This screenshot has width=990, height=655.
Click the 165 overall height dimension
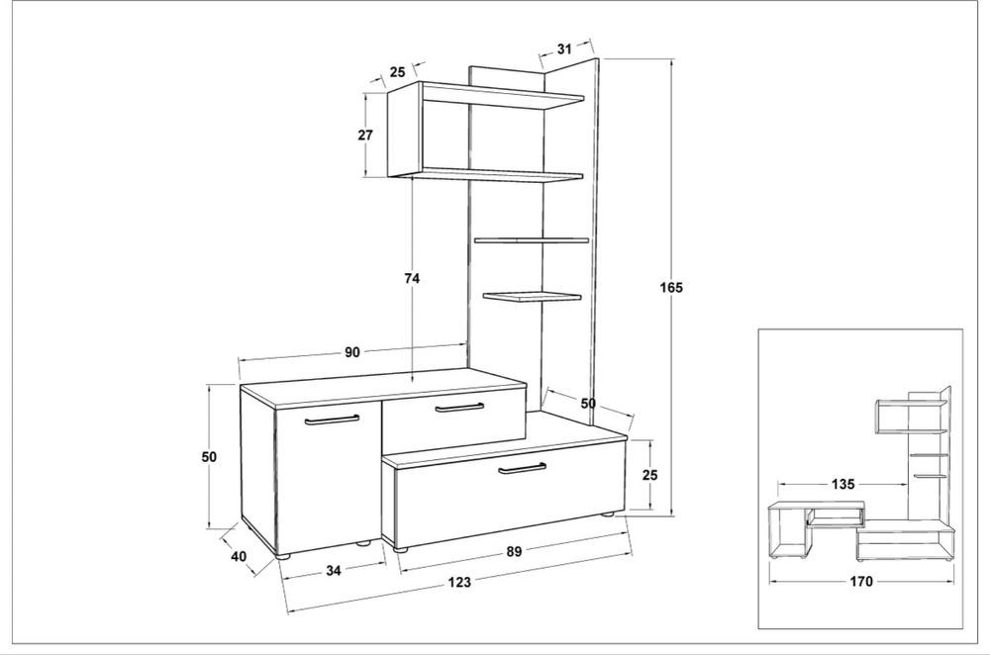671,288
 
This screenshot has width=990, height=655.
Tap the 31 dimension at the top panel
564,48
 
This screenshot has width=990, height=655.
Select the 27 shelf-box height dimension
365,135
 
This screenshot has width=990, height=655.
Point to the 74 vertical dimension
412,278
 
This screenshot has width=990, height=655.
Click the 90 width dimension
352,352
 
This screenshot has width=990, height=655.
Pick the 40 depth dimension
239,557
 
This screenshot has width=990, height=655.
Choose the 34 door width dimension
334,571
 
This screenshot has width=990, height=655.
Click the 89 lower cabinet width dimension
514,551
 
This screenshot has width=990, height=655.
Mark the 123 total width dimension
459,582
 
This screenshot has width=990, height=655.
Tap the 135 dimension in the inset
842,484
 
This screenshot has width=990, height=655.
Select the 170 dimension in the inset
861,581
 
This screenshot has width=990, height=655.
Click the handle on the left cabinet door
332,419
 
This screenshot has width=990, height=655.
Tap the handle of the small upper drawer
459,408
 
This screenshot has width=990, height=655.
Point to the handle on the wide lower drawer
522,468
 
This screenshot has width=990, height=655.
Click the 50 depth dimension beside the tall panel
588,403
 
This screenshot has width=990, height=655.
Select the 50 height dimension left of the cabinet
209,456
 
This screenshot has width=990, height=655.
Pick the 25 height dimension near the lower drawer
649,475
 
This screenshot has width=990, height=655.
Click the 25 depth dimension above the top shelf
397,72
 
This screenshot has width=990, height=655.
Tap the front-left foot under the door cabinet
283,557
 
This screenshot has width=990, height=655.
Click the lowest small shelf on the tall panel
533,295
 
